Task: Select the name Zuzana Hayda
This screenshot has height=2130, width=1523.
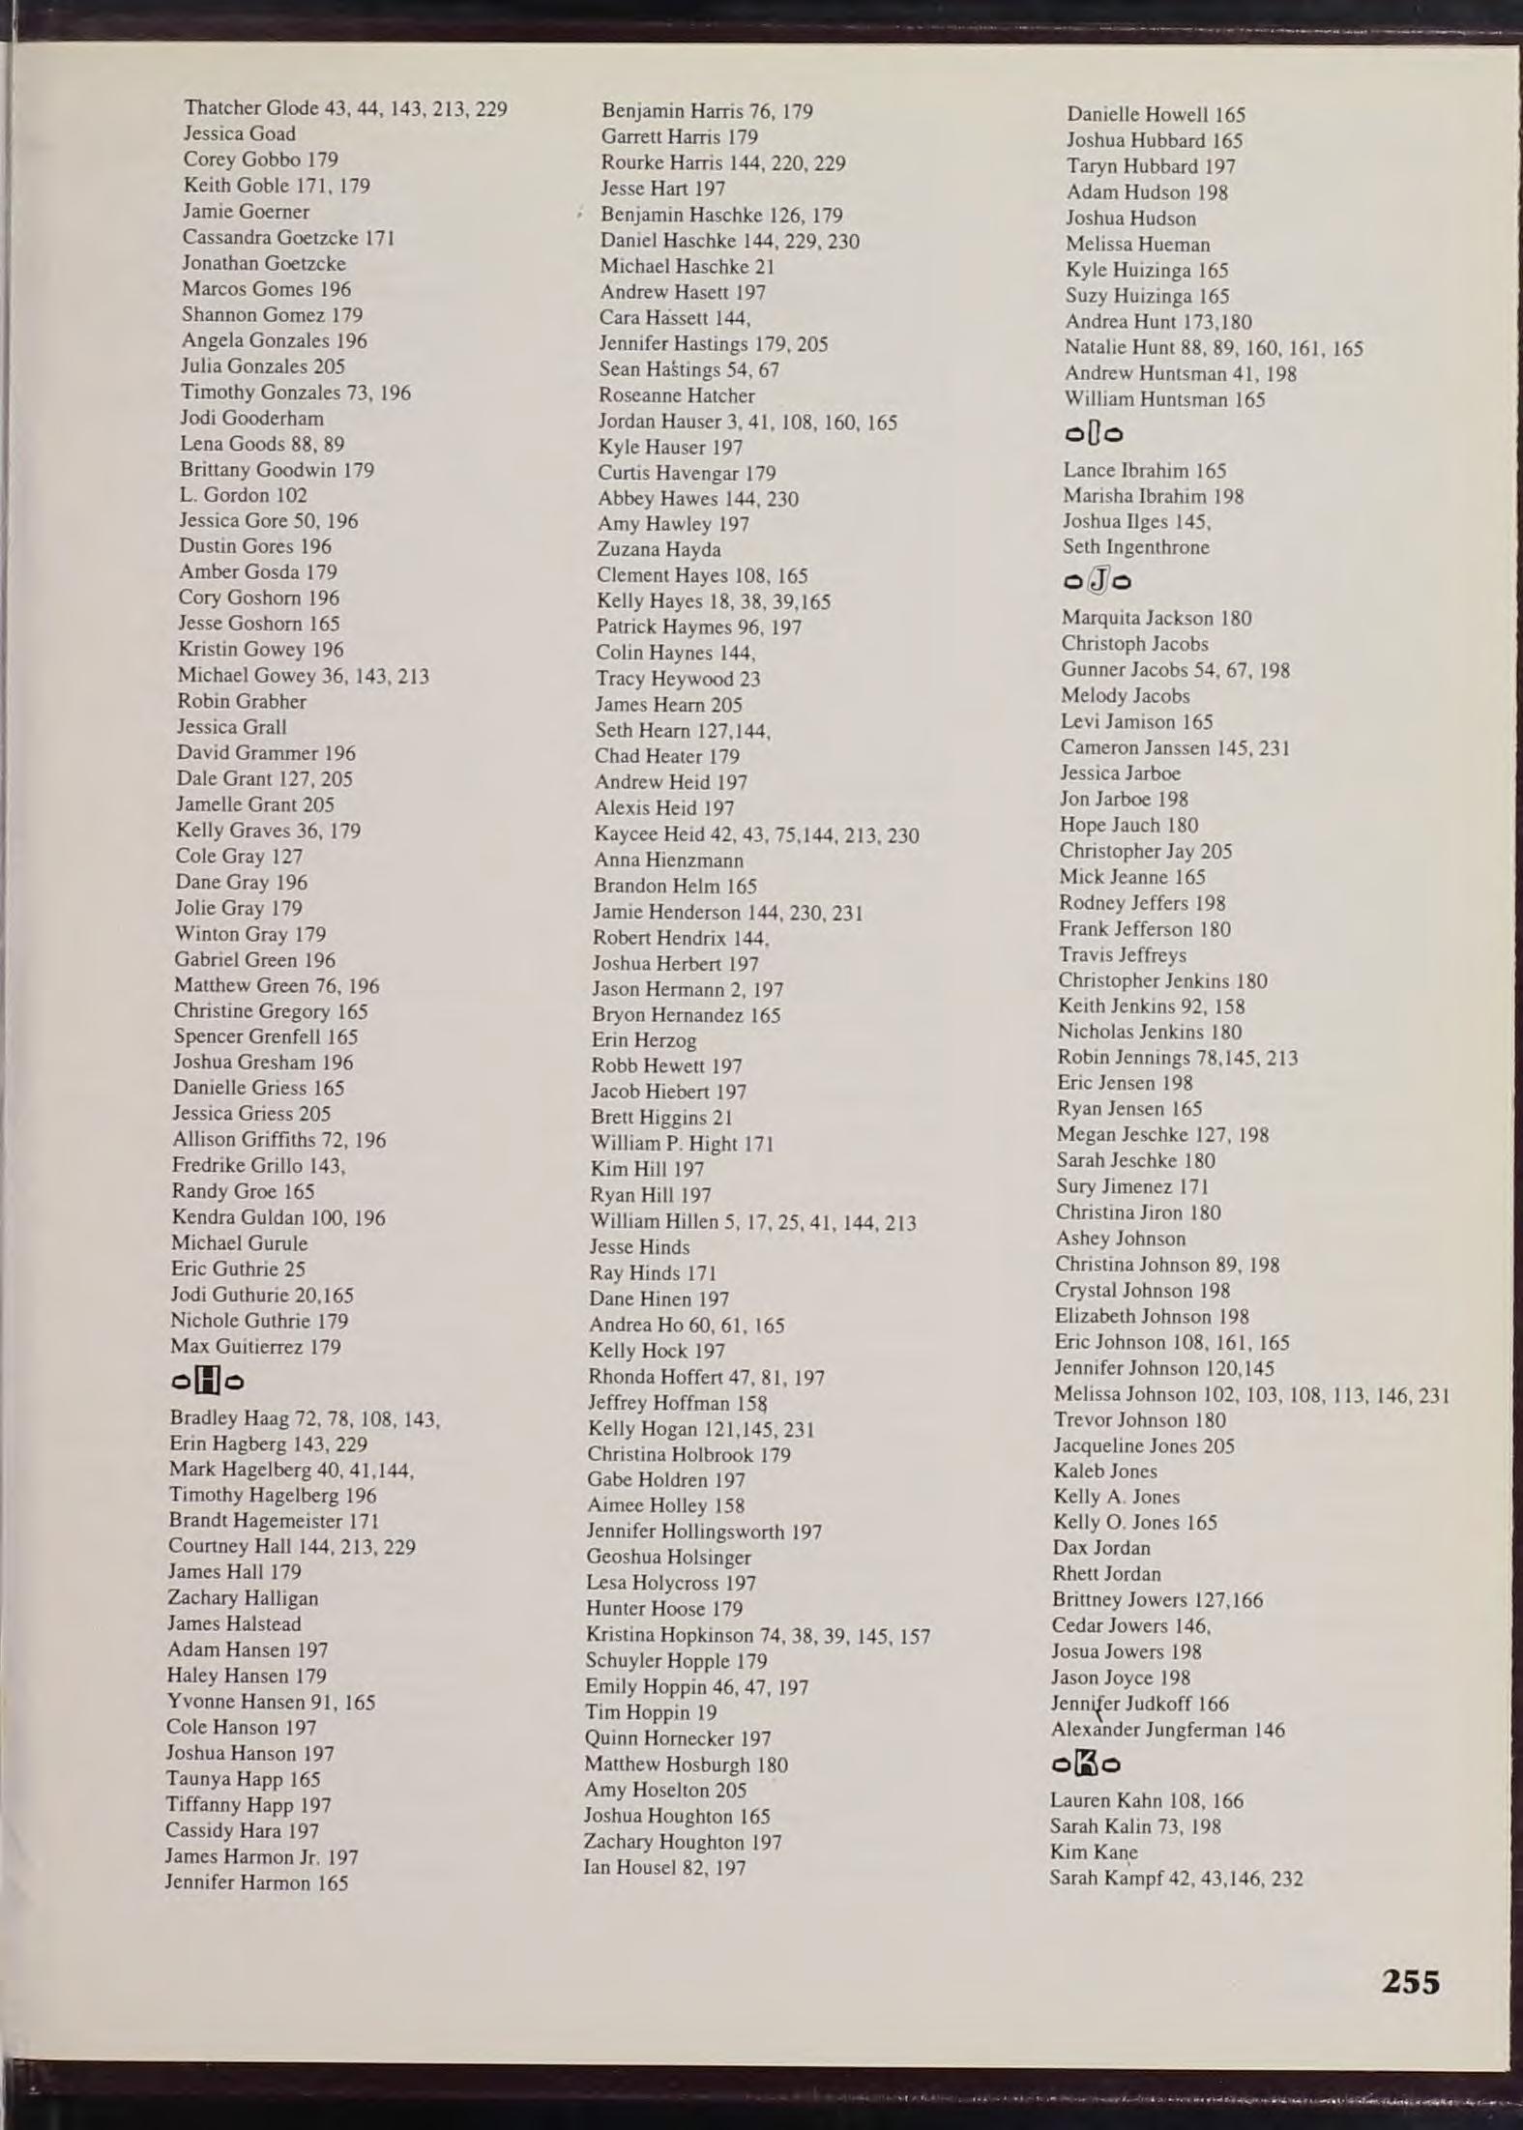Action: click(x=659, y=549)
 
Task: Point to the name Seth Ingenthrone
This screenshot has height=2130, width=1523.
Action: click(x=1135, y=547)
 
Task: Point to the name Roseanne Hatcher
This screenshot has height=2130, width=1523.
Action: click(x=677, y=395)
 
